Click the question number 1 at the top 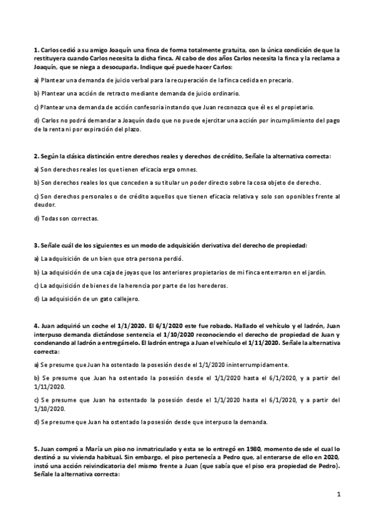point(35,49)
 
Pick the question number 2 point(35,155)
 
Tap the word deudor point(43,202)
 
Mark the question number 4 point(35,325)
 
